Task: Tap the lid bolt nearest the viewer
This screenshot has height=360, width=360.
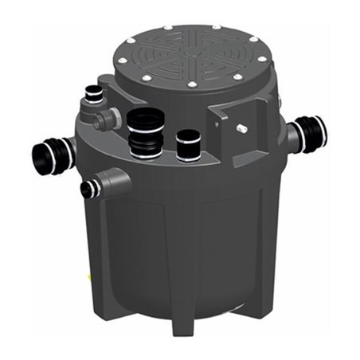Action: pyautogui.click(x=193, y=84)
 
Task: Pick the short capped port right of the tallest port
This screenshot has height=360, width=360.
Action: pyautogui.click(x=187, y=145)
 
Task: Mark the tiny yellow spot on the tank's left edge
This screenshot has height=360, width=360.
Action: pyautogui.click(x=89, y=276)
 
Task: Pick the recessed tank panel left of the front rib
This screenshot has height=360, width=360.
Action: pyautogui.click(x=143, y=247)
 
